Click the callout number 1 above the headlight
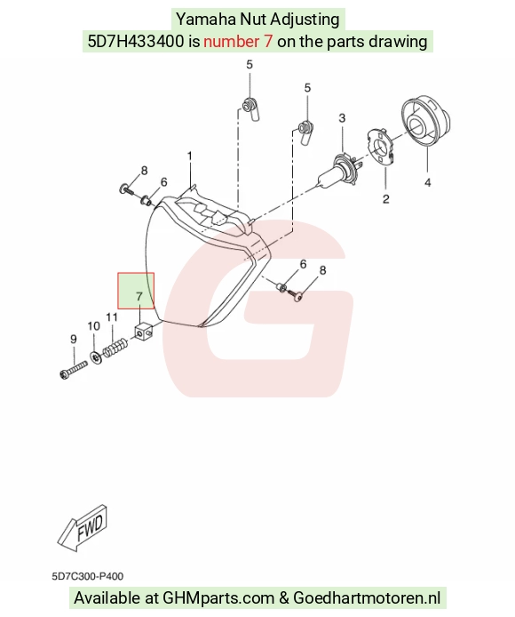point(190,156)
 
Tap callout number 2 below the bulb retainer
point(385,199)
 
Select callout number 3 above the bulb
point(342,118)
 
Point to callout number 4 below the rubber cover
point(428,182)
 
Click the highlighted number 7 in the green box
point(139,296)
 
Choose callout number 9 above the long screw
point(74,339)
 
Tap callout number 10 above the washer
point(93,326)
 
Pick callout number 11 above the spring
point(112,317)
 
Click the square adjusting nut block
point(143,333)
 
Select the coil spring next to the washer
point(115,348)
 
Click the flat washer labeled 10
point(95,357)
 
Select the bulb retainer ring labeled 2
point(381,148)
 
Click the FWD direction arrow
point(83,528)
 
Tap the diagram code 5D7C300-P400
point(88,576)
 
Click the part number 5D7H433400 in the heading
point(136,41)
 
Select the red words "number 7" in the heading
point(238,41)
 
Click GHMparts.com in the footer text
point(218,598)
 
